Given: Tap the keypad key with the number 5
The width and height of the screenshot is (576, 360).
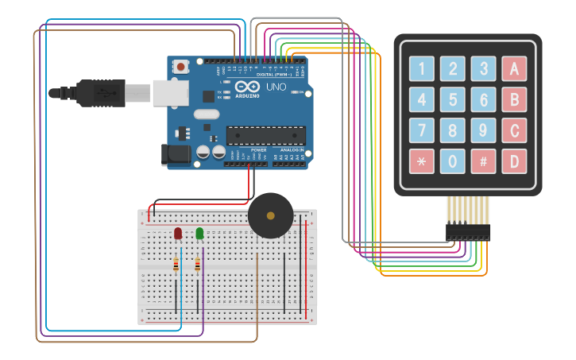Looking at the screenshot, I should [453, 100].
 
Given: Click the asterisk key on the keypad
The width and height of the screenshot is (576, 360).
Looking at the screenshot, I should [422, 162].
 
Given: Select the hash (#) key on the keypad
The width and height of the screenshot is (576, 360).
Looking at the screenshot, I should [483, 162].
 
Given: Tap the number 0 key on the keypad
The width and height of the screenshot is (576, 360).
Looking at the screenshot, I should [453, 162].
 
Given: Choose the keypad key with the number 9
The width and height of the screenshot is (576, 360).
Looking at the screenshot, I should [483, 131].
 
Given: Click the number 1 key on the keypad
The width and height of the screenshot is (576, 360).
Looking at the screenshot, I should [422, 69].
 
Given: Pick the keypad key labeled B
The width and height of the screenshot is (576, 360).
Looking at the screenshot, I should [514, 100].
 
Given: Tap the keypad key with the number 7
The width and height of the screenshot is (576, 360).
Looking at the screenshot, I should [422, 131].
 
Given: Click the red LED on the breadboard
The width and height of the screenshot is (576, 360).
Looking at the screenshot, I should [178, 234].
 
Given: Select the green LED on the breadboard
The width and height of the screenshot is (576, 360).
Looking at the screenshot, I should [199, 234].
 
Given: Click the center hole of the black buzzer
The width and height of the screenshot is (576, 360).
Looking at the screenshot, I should [270, 215].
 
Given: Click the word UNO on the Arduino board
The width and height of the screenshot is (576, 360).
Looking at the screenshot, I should [276, 86].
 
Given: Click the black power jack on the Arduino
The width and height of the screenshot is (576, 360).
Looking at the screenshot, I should [176, 154].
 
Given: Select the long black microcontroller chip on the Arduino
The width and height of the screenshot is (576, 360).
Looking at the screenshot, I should [265, 135].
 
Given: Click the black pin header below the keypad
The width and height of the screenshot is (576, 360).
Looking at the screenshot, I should [467, 232].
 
